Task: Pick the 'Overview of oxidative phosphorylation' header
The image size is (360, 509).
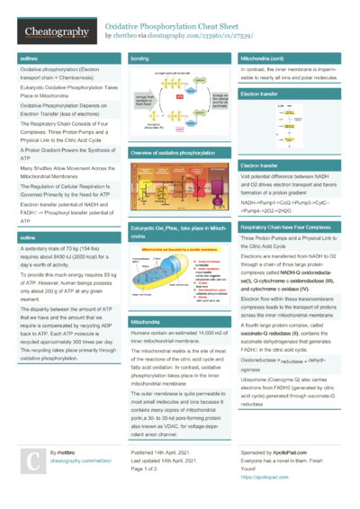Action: [179, 154]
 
